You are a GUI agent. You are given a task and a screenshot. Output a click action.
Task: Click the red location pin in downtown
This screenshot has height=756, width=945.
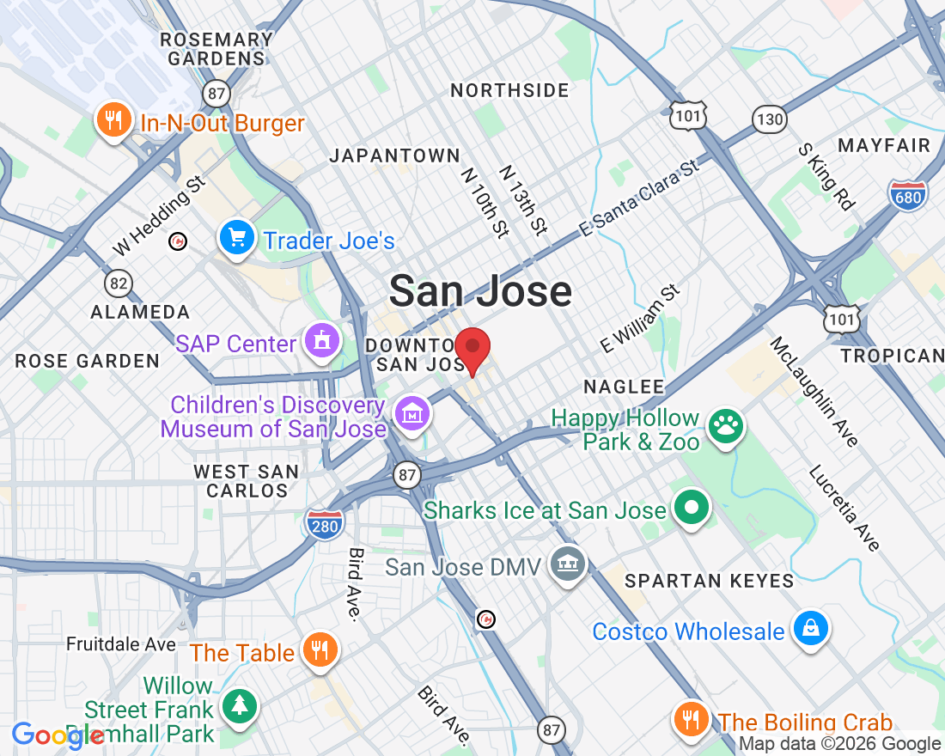(x=472, y=348)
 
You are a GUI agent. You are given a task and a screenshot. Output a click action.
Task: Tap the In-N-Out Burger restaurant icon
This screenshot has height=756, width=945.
(x=113, y=119)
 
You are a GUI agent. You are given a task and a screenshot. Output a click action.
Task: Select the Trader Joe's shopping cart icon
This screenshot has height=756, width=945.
(x=236, y=237)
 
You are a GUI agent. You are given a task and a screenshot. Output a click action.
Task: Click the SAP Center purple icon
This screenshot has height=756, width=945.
(x=322, y=341)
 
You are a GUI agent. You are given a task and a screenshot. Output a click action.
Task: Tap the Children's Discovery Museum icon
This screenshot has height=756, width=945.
(x=413, y=414)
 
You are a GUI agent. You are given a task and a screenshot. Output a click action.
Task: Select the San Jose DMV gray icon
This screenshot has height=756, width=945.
(x=568, y=564)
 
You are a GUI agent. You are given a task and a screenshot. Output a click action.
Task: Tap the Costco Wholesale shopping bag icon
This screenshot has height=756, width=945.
(x=810, y=629)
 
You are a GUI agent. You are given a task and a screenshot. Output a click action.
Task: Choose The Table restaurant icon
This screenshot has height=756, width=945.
(x=320, y=649)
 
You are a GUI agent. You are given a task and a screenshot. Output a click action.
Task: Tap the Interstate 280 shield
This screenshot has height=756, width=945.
(x=324, y=524)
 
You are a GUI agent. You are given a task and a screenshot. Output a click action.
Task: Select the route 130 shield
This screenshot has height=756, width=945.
(x=770, y=119)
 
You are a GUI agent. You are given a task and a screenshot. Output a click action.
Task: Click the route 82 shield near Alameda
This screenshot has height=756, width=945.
(x=119, y=282)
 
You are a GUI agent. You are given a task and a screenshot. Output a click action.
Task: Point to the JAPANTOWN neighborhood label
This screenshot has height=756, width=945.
(x=395, y=155)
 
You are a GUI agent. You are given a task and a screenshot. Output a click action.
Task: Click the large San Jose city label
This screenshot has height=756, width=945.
(x=480, y=292)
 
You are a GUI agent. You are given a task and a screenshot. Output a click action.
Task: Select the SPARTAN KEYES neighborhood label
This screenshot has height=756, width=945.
(x=710, y=581)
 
